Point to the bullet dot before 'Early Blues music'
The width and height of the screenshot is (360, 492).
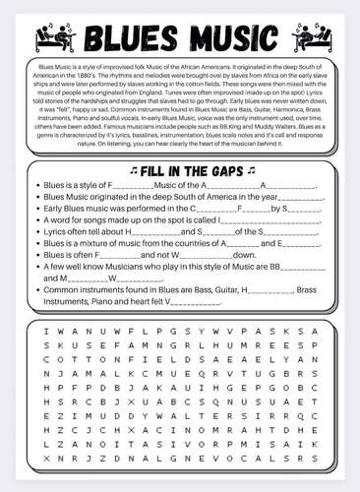[36, 208]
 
